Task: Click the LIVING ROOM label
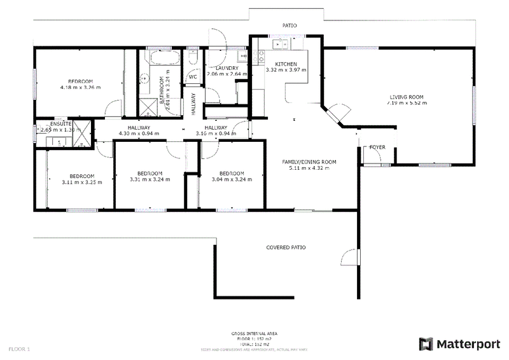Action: click(407, 97)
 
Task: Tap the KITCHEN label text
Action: click(286, 64)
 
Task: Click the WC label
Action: click(193, 77)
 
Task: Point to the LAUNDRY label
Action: click(227, 68)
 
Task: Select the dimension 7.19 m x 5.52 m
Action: click(407, 103)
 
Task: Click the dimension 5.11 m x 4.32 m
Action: click(309, 168)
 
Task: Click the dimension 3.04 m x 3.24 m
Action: click(232, 179)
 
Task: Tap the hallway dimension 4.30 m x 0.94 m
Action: click(138, 134)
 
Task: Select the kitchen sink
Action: click(280, 44)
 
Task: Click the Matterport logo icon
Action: click(426, 344)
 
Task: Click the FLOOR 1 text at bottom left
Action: click(19, 349)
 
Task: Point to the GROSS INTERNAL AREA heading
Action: click(254, 333)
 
